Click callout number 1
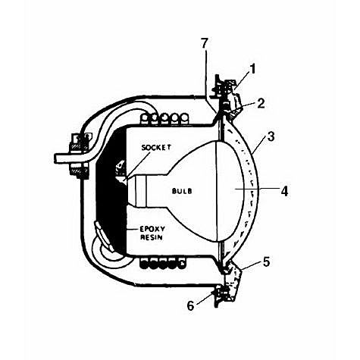point(253,69)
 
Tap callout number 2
point(260,103)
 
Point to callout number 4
point(284,191)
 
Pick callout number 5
point(266,262)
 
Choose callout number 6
point(190,306)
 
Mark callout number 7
point(205,43)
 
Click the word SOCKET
point(156,147)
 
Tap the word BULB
point(182,191)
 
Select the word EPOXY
point(152,229)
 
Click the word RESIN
point(152,237)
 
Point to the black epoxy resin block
point(111,192)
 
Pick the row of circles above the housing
point(164,118)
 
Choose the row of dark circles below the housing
point(163,263)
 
